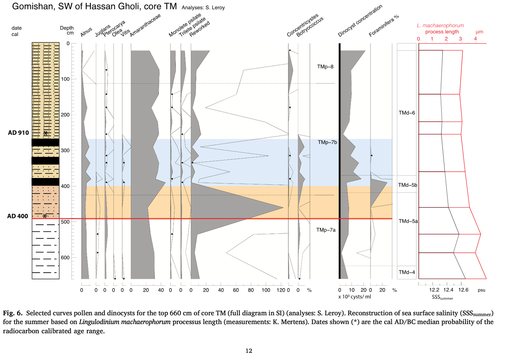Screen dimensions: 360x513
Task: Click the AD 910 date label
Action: pyautogui.click(x=18, y=133)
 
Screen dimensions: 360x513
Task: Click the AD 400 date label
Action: pyautogui.click(x=18, y=216)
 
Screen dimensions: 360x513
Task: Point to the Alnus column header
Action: pyautogui.click(x=86, y=32)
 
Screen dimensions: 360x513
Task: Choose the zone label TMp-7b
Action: pyautogui.click(x=328, y=142)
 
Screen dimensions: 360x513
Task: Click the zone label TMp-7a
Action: pyautogui.click(x=326, y=230)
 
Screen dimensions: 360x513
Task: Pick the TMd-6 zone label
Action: pyautogui.click(x=406, y=113)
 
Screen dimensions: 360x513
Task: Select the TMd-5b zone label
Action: pyautogui.click(x=408, y=185)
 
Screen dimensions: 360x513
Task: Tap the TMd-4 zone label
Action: pyautogui.click(x=406, y=272)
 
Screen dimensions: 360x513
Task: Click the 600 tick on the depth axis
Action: pyautogui.click(x=64, y=257)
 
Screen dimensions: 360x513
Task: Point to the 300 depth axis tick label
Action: pyautogui.click(x=64, y=150)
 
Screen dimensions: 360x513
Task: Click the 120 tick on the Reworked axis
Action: pyautogui.click(x=281, y=290)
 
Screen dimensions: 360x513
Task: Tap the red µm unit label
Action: pyautogui.click(x=479, y=32)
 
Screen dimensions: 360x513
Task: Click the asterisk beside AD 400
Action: pyautogui.click(x=45, y=216)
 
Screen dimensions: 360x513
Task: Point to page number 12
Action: pyautogui.click(x=249, y=351)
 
